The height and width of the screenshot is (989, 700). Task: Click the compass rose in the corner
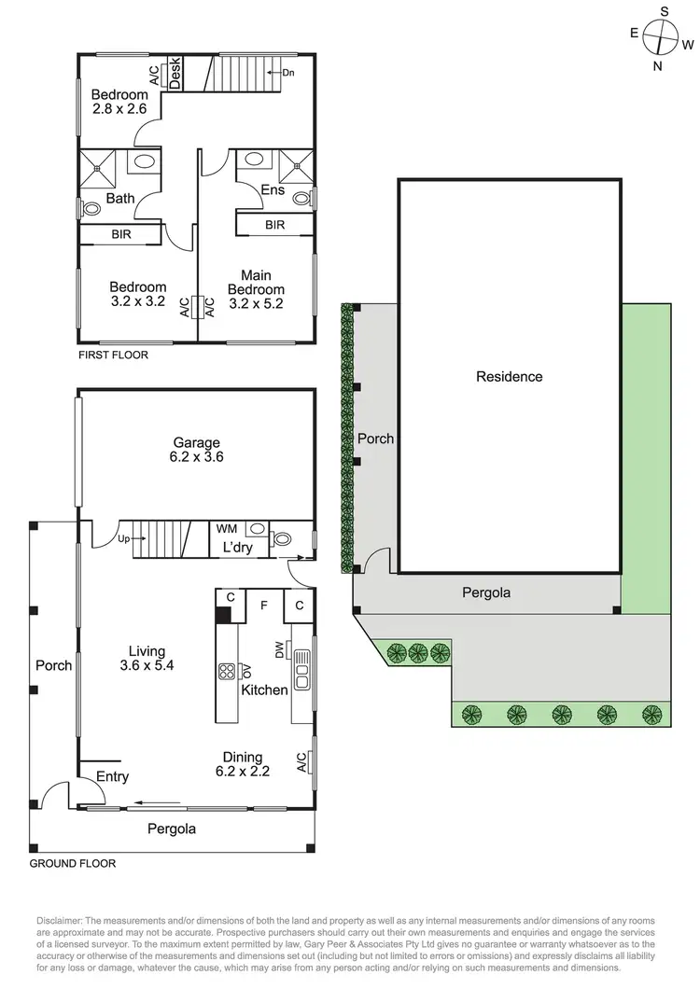point(663,38)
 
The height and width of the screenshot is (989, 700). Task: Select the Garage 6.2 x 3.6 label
point(196,450)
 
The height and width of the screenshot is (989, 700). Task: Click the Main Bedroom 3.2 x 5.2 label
point(256,289)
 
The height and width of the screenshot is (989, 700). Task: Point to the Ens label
point(273,190)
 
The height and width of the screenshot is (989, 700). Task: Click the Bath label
point(120,198)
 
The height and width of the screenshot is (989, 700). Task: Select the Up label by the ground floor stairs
point(123,539)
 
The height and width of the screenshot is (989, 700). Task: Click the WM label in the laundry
point(227,529)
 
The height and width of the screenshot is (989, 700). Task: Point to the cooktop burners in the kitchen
point(227,672)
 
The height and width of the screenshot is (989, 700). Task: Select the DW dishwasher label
point(279,650)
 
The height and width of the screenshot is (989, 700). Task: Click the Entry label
point(112,776)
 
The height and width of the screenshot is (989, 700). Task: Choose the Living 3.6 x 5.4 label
point(147,658)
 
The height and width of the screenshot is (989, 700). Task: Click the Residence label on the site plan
point(509,377)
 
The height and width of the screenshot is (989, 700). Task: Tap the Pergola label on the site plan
point(487,592)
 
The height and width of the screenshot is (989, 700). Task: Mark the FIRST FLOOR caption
point(113,355)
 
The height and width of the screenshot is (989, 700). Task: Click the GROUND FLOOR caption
point(73,864)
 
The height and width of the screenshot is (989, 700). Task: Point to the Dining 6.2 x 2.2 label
point(242,764)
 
